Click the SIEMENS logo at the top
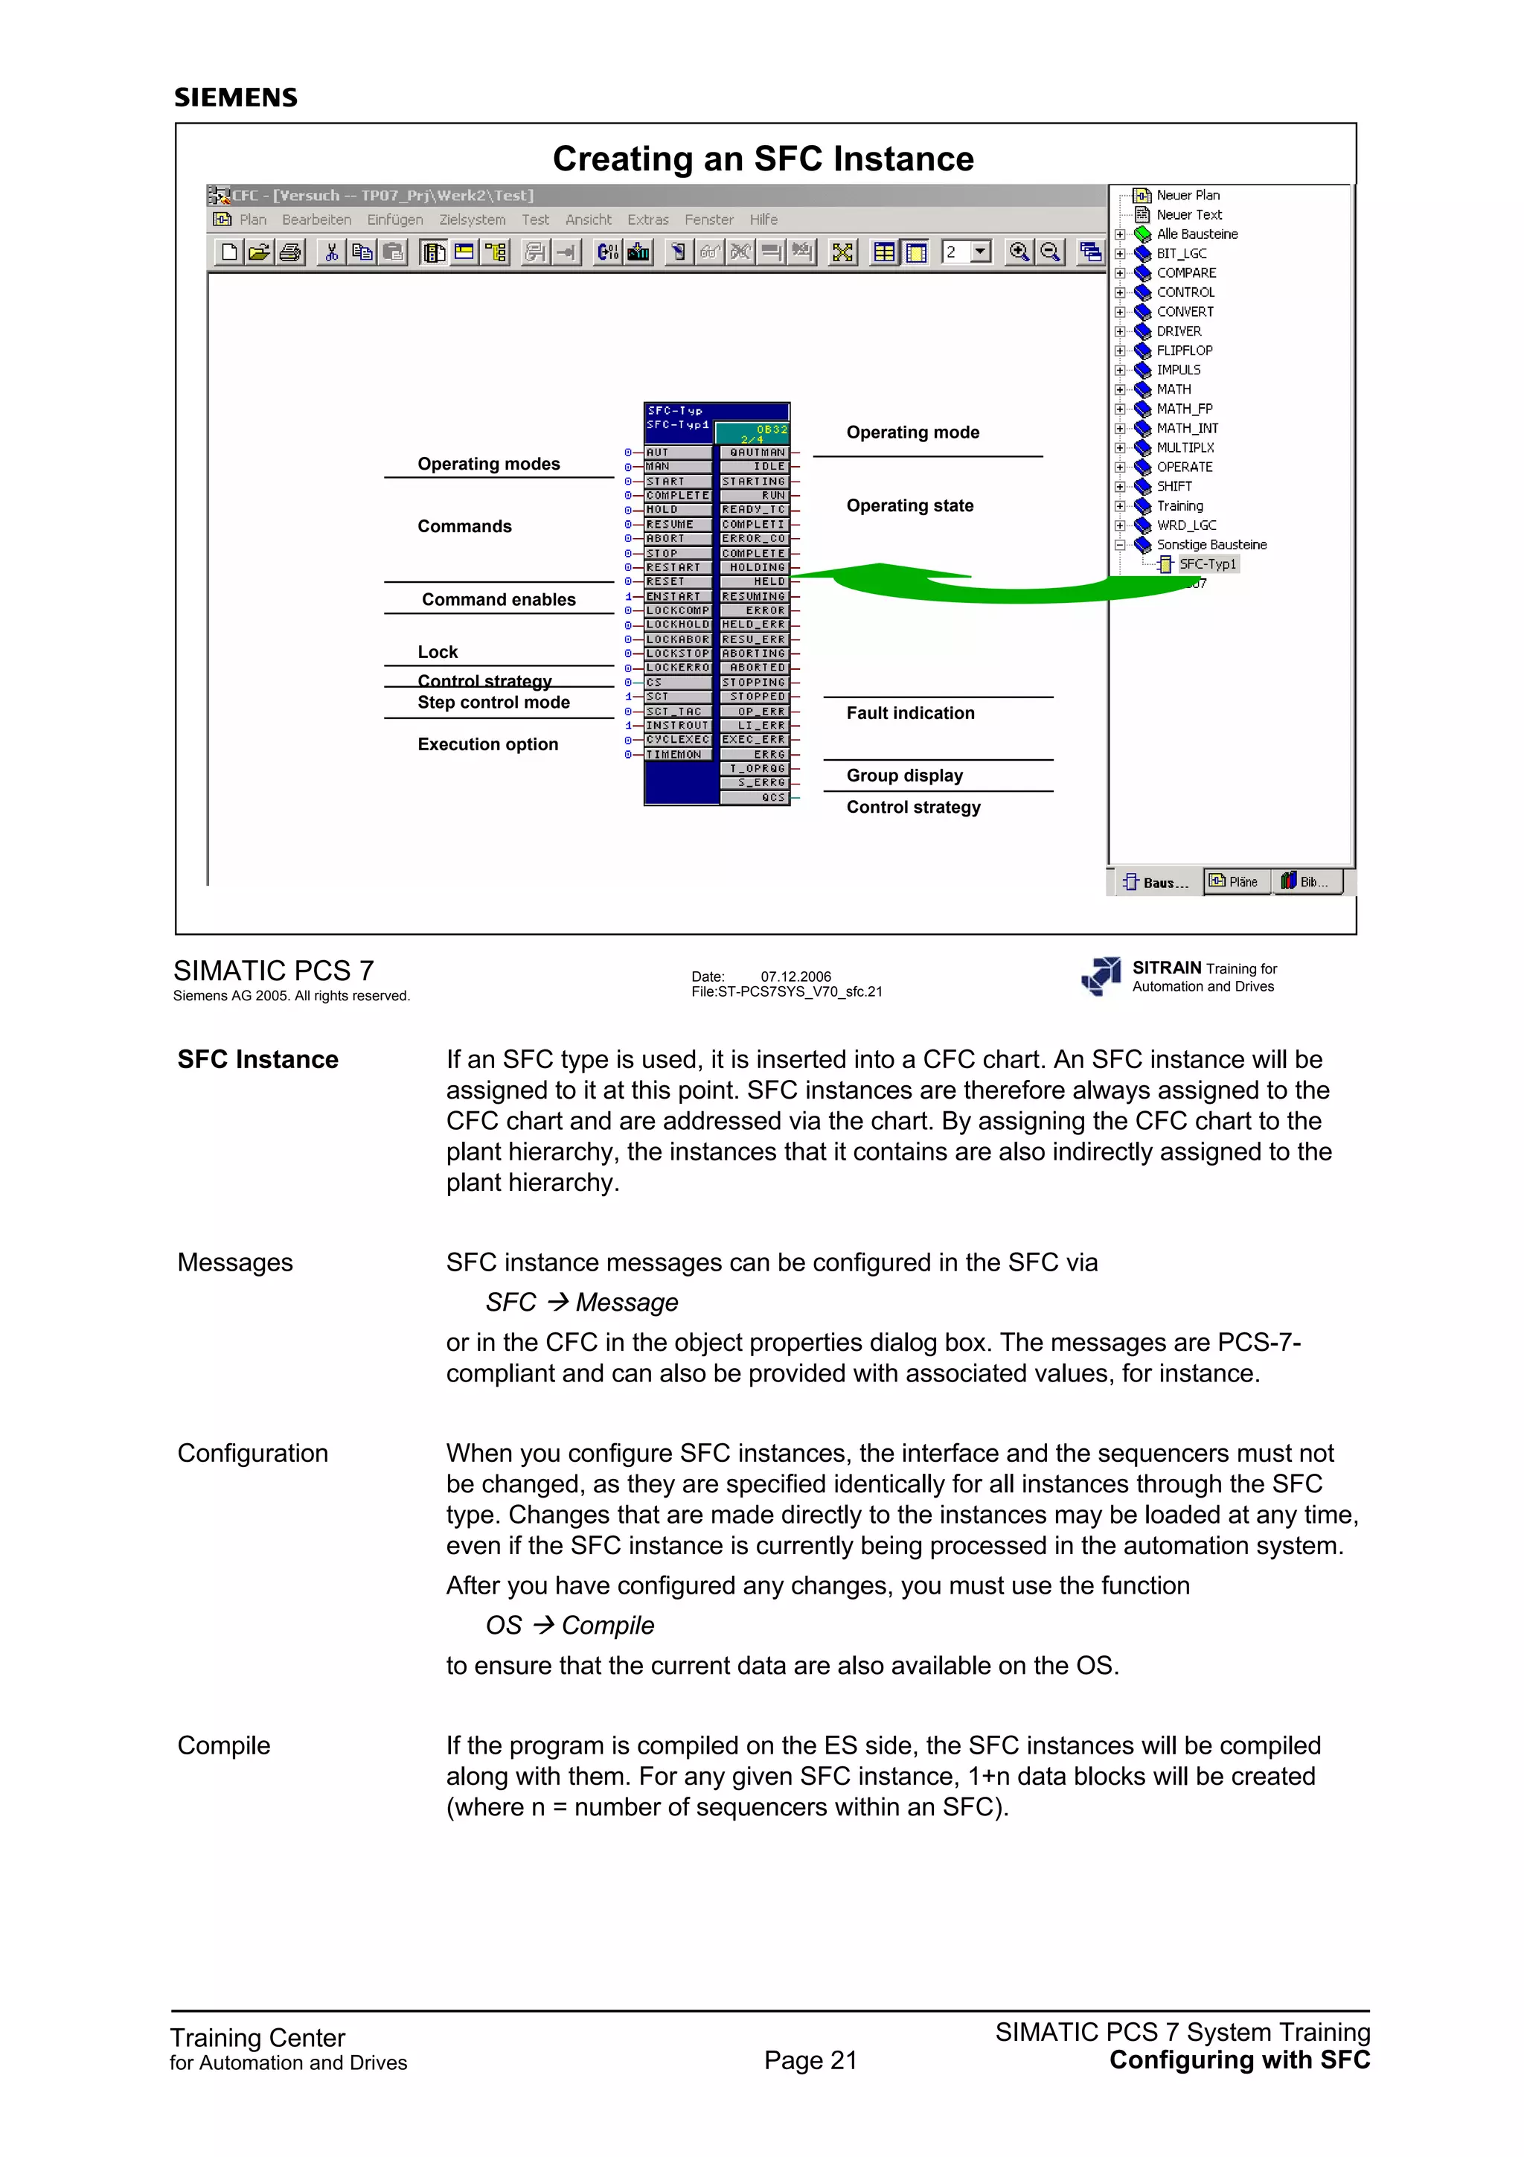tap(236, 98)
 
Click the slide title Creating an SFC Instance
tap(763, 159)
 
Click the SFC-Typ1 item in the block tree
tap(1206, 563)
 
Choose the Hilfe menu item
tap(763, 220)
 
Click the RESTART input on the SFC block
tap(673, 567)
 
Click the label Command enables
tap(498, 599)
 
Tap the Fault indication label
tap(910, 713)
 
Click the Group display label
tap(904, 775)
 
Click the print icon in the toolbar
tap(290, 252)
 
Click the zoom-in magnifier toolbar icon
tap(1018, 252)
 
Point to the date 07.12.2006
tap(795, 976)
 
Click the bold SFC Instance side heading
tap(257, 1060)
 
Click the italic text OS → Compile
tap(569, 1626)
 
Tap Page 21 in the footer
tap(810, 2060)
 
